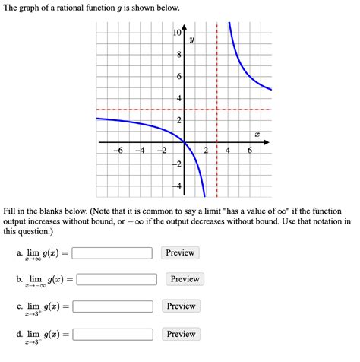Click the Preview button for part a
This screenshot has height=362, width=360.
click(181, 252)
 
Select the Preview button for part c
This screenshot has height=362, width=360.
click(181, 306)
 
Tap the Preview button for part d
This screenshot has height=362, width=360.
click(181, 334)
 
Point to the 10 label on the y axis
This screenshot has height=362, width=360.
click(178, 33)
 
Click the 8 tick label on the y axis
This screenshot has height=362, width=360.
click(179, 56)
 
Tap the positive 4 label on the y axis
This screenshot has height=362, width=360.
click(179, 99)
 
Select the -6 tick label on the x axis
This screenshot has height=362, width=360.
click(118, 150)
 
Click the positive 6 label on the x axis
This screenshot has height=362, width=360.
click(249, 150)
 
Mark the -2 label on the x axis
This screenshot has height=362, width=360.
click(162, 150)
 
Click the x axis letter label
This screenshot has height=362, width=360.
click(257, 134)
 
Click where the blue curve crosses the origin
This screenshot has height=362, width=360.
click(185, 142)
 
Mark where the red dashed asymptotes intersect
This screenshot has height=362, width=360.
click(217, 110)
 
